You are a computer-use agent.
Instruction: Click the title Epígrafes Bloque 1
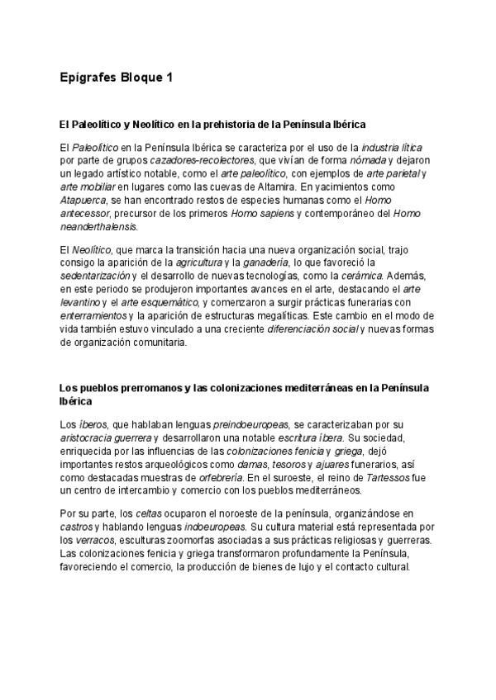coord(116,78)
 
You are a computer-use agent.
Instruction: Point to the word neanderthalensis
coord(98,226)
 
